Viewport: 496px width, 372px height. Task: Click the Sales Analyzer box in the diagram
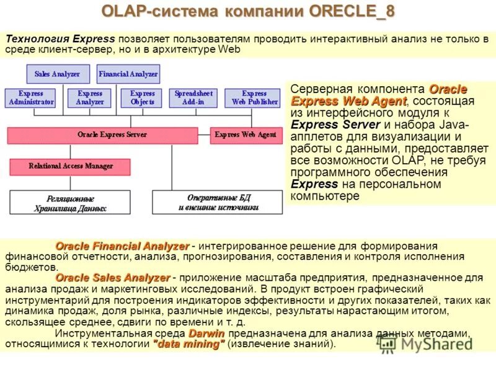point(57,74)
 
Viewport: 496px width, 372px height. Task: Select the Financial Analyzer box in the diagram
point(128,74)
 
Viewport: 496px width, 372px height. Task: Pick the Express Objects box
point(142,97)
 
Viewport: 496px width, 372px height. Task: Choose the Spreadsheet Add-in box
point(193,97)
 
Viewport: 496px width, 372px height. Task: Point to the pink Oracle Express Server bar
point(102,135)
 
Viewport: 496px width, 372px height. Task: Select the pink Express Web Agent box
point(246,135)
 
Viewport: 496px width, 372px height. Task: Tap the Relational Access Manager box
point(70,166)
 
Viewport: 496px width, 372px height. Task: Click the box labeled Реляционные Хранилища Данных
point(70,203)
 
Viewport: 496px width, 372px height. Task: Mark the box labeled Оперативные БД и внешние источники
point(217,203)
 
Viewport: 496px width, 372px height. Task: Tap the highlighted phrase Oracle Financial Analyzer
point(122,246)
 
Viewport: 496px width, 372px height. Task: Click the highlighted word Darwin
point(206,334)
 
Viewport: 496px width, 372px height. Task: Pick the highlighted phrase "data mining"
point(188,344)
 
